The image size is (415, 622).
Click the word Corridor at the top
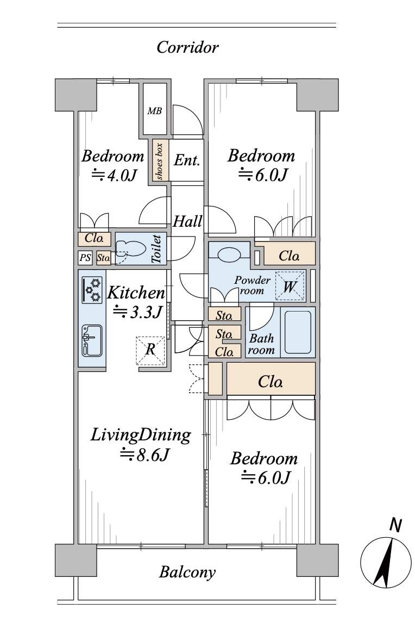tap(187, 48)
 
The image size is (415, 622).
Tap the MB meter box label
tap(155, 111)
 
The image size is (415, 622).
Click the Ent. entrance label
tap(186, 161)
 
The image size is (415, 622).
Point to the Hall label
tap(187, 222)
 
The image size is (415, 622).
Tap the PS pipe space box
tap(85, 258)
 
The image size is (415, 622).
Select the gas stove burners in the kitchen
tap(92, 290)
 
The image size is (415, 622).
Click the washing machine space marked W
tap(289, 287)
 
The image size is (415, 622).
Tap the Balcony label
tap(187, 572)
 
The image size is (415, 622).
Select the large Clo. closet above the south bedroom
tap(271, 381)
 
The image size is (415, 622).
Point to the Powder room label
tap(252, 285)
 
